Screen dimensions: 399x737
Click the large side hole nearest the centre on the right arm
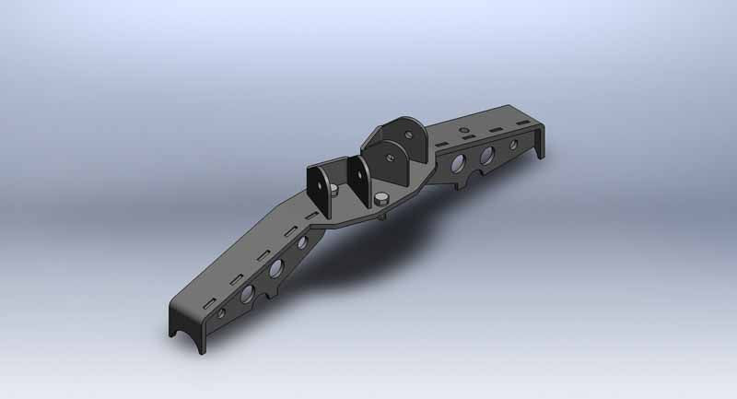pos(455,164)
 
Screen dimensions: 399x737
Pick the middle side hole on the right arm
pos(486,153)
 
